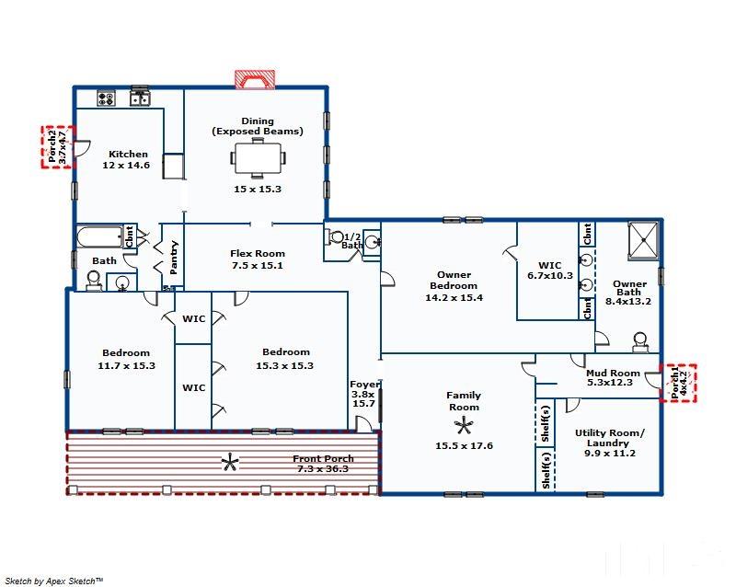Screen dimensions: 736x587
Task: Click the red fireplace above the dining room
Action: [255, 79]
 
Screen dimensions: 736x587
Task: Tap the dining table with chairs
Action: [258, 158]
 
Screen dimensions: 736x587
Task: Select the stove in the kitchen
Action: [106, 98]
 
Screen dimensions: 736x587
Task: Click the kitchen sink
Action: [140, 98]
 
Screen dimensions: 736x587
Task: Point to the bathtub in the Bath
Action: [100, 237]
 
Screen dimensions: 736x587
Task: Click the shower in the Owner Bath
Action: [643, 240]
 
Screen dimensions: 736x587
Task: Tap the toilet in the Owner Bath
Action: [640, 342]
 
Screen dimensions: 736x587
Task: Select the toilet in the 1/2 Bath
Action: [335, 237]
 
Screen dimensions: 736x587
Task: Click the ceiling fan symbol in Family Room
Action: [464, 426]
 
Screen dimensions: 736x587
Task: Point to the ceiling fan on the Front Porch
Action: [230, 463]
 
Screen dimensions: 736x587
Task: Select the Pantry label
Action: [174, 258]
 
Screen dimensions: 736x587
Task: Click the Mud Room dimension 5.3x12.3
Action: [610, 383]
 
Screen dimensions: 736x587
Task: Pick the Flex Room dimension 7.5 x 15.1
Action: [258, 265]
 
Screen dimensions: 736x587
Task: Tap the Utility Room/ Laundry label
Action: [610, 438]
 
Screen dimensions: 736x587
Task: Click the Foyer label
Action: [364, 385]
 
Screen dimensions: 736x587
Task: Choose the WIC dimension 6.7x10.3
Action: [550, 276]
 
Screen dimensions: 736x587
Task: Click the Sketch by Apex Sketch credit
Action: [54, 581]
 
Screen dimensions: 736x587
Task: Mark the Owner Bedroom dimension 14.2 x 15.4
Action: [454, 298]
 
